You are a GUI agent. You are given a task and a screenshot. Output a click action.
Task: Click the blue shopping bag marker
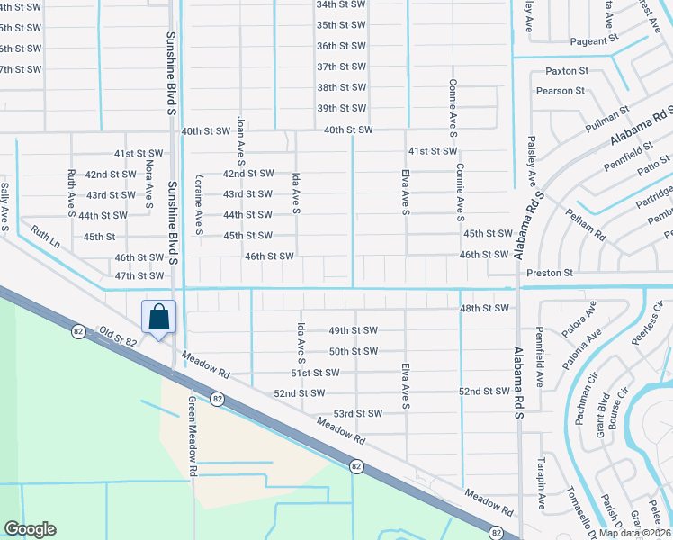[158, 318]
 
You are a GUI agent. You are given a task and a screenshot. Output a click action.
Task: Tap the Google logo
[30, 529]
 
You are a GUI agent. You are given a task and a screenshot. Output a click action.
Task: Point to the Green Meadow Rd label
[192, 436]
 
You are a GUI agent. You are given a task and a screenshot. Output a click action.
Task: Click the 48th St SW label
[484, 309]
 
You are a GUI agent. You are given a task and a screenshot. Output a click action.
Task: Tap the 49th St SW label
[353, 330]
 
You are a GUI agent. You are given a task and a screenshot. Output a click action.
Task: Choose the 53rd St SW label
[358, 413]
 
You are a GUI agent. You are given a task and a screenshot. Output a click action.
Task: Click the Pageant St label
[595, 40]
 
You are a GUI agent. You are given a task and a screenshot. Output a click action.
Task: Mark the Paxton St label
[567, 70]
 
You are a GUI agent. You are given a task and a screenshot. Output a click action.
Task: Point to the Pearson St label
[560, 91]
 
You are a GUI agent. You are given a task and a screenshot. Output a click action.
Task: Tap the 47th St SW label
[139, 275]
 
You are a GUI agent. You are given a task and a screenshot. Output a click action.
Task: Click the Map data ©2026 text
[633, 533]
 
